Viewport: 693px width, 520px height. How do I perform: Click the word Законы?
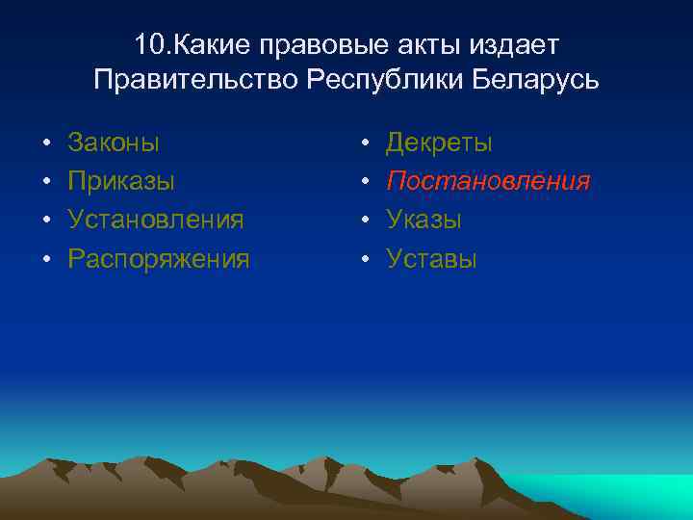[114, 143]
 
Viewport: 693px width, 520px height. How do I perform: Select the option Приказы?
[121, 182]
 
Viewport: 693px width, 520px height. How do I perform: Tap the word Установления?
[156, 220]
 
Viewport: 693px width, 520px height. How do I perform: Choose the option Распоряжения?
[159, 259]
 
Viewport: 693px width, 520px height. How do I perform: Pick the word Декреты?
[440, 143]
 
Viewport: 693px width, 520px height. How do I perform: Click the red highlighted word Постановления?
[488, 182]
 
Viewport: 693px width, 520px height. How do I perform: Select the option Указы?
[424, 220]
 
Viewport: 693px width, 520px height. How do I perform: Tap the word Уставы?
[431, 258]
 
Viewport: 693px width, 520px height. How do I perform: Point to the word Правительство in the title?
[197, 79]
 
